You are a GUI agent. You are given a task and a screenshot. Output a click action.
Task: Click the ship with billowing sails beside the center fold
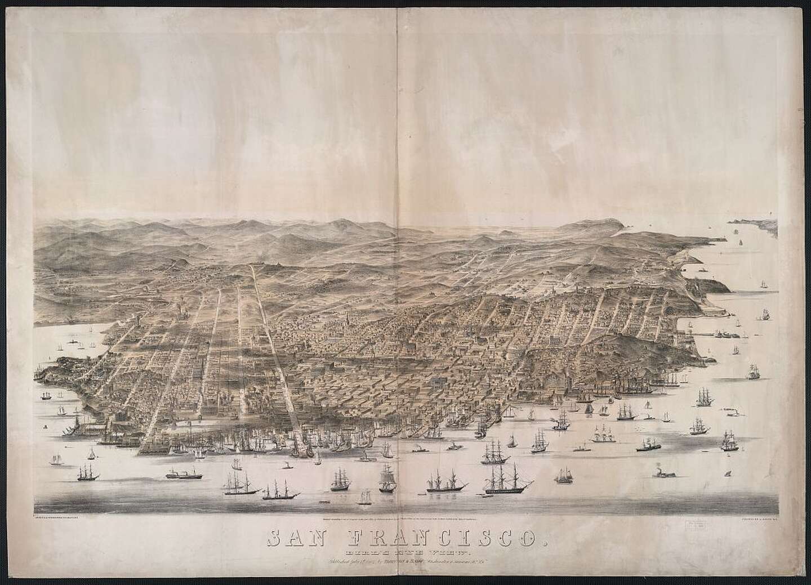(x=387, y=480)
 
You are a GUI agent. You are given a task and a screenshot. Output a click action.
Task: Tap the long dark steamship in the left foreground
(x=184, y=475)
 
